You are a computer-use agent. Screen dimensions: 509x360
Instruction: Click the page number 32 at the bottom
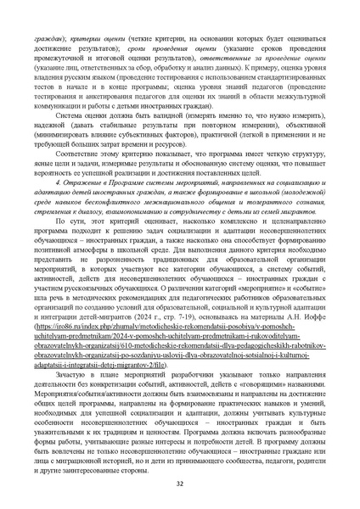(x=180, y=484)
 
